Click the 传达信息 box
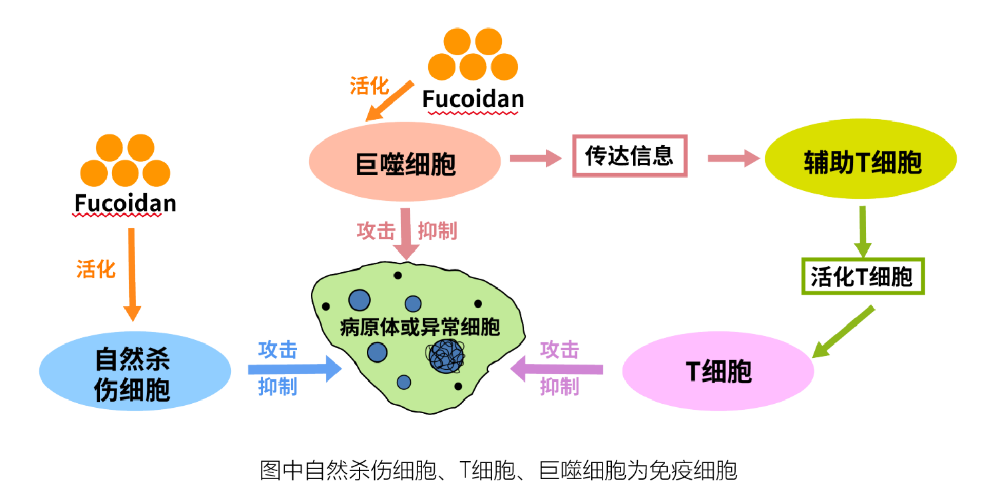pos(629,157)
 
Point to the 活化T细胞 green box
pos(862,276)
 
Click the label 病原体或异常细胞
pos(419,327)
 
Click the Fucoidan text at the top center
pos(473,100)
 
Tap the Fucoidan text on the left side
pos(125,202)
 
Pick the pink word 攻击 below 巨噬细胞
pos(375,231)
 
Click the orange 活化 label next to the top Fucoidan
pos(369,85)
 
